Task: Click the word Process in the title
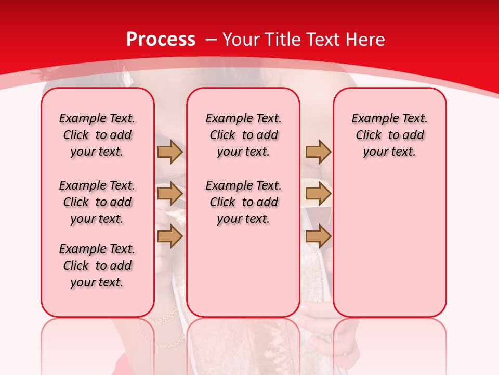click(161, 39)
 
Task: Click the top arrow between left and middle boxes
click(170, 152)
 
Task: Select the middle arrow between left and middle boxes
click(170, 194)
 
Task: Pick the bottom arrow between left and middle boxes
click(170, 236)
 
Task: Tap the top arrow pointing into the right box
click(318, 152)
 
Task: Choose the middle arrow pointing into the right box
click(318, 194)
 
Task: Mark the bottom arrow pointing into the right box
click(318, 236)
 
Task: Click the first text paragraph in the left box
click(97, 135)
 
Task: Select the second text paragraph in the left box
click(97, 202)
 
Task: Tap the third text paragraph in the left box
click(97, 266)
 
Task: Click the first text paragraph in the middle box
click(243, 135)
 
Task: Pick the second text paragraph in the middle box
click(243, 202)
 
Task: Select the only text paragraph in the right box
click(390, 135)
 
